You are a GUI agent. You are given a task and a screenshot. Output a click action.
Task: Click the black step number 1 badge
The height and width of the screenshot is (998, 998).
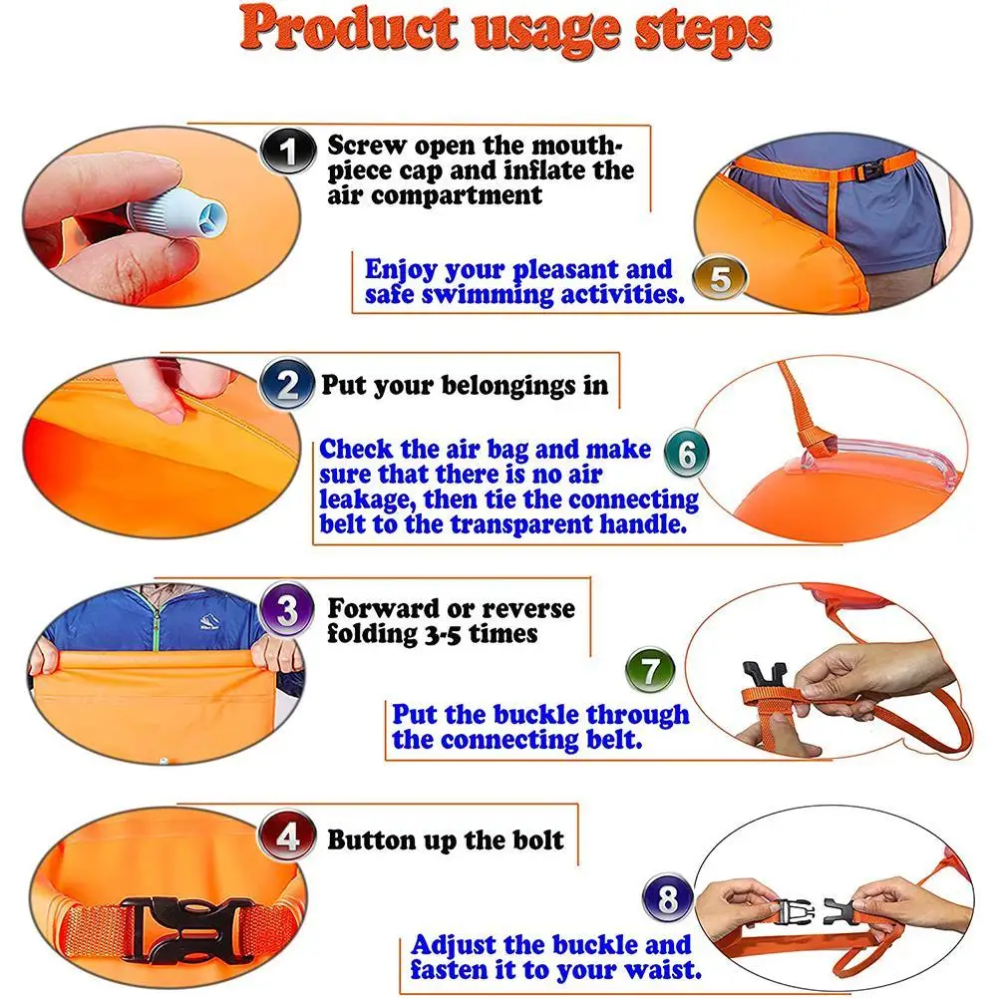coord(288,151)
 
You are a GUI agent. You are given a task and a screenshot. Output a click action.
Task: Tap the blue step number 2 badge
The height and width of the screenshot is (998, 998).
coord(287,385)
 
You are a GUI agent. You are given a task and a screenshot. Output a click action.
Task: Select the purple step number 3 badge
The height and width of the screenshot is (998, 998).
coord(286,610)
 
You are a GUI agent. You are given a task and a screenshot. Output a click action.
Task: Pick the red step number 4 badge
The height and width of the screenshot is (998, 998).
coord(288,836)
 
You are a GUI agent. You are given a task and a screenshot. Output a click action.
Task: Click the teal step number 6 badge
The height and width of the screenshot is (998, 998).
coord(687,455)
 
